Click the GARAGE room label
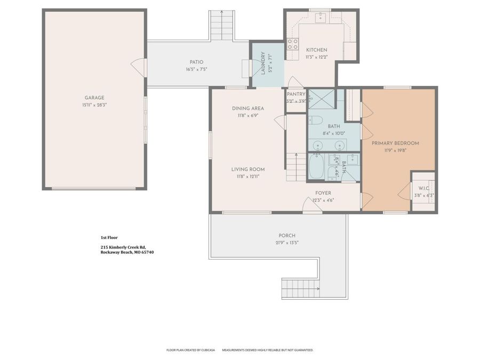click(94, 98)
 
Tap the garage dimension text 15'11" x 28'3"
click(94, 105)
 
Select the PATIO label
click(196, 62)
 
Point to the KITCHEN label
click(316, 50)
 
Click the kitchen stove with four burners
click(293, 44)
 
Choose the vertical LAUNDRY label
click(262, 63)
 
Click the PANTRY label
click(296, 94)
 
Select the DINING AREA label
click(247, 108)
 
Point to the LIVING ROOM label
click(247, 170)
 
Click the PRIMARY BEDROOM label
click(395, 143)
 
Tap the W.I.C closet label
click(423, 188)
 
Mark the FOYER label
click(323, 193)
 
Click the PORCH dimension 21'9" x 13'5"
click(286, 243)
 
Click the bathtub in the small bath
click(316, 167)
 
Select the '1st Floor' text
click(109, 237)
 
